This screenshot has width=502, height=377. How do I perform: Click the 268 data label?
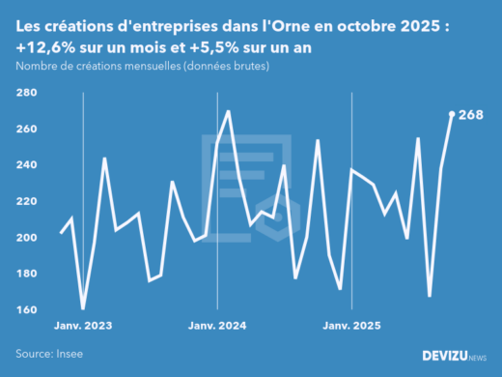click(x=470, y=114)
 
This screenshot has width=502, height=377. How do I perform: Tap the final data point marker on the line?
click(x=452, y=114)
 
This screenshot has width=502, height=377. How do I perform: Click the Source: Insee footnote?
click(x=49, y=355)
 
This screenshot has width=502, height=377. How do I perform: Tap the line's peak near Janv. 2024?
click(x=228, y=111)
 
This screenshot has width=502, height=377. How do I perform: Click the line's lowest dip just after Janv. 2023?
click(x=83, y=308)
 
